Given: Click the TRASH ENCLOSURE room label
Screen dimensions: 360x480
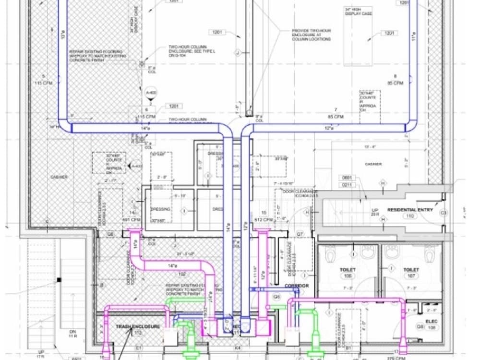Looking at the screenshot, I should [x=137, y=326].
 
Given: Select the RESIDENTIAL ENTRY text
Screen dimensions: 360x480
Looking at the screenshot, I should [x=410, y=210].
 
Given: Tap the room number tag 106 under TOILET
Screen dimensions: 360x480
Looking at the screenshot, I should [x=348, y=276].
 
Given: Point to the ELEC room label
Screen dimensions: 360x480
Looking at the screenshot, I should [x=432, y=322].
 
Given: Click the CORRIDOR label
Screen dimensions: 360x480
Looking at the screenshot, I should [x=296, y=286].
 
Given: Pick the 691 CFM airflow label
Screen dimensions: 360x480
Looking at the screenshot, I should [x=132, y=219].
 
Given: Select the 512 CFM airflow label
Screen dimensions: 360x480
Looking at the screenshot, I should [x=264, y=219].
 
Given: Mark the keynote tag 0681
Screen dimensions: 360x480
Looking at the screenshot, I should [x=348, y=178].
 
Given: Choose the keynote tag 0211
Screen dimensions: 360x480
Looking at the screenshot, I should [x=348, y=184].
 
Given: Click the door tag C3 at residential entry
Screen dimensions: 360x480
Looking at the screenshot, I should [x=443, y=212].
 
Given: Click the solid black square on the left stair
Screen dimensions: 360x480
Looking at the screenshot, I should [x=59, y=279].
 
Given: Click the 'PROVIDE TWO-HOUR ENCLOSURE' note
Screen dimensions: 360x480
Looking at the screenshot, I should [x=311, y=35].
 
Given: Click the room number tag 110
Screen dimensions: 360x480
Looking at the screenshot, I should [x=410, y=216].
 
